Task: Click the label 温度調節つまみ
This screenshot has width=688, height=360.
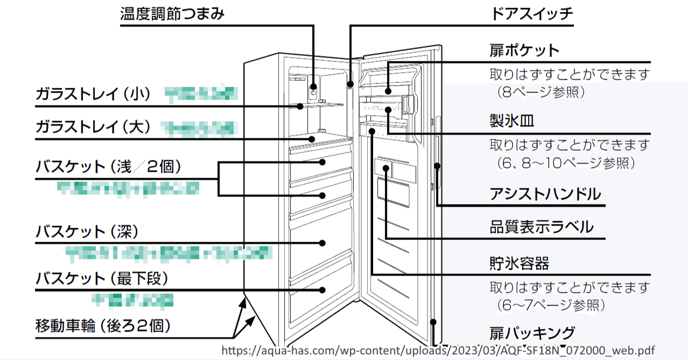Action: tap(172, 14)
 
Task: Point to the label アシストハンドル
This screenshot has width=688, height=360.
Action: tap(545, 194)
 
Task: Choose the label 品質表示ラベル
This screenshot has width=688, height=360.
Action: tap(541, 227)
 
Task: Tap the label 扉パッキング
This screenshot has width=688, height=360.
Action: tap(532, 333)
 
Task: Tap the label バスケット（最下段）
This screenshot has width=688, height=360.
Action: tap(102, 278)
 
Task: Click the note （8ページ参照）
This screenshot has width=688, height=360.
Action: tap(540, 93)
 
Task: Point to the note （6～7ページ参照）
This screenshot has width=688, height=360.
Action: tap(551, 305)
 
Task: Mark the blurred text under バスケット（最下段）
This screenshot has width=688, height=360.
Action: tap(132, 299)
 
